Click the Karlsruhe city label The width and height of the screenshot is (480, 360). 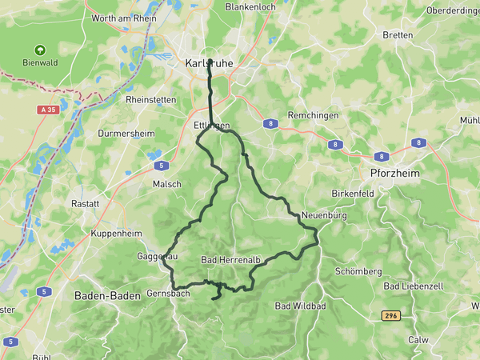(x=210, y=62)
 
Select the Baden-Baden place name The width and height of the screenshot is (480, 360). (x=107, y=295)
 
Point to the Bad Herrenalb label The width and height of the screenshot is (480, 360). (x=232, y=260)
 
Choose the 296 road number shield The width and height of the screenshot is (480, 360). (x=390, y=315)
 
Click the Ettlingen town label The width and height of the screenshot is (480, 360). (x=212, y=126)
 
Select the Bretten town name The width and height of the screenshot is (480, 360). (x=398, y=35)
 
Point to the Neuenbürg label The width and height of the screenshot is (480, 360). (x=323, y=215)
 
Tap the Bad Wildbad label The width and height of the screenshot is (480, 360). (x=300, y=306)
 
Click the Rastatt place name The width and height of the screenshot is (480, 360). (x=85, y=203)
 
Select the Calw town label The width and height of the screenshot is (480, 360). (x=418, y=339)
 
